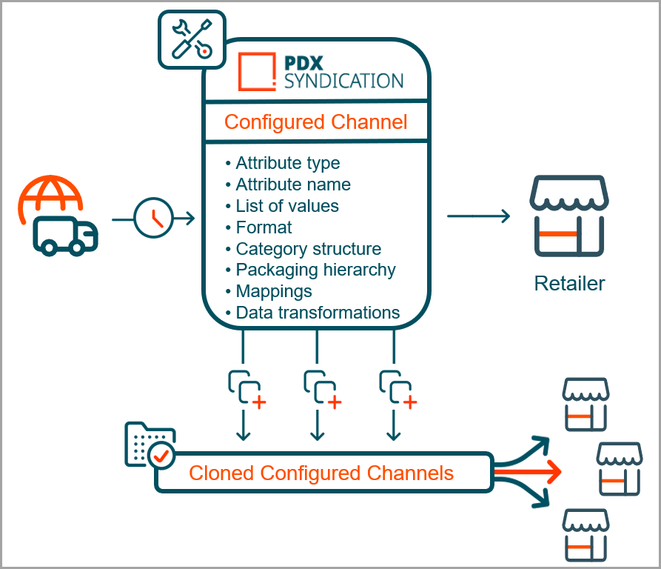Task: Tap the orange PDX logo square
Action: pyautogui.click(x=256, y=71)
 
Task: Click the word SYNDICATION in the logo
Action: pyautogui.click(x=343, y=81)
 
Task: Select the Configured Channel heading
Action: pyautogui.click(x=315, y=122)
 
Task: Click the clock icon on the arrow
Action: pyautogui.click(x=153, y=218)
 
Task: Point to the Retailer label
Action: pyautogui.click(x=569, y=283)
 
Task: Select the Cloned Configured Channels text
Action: pyautogui.click(x=321, y=473)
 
